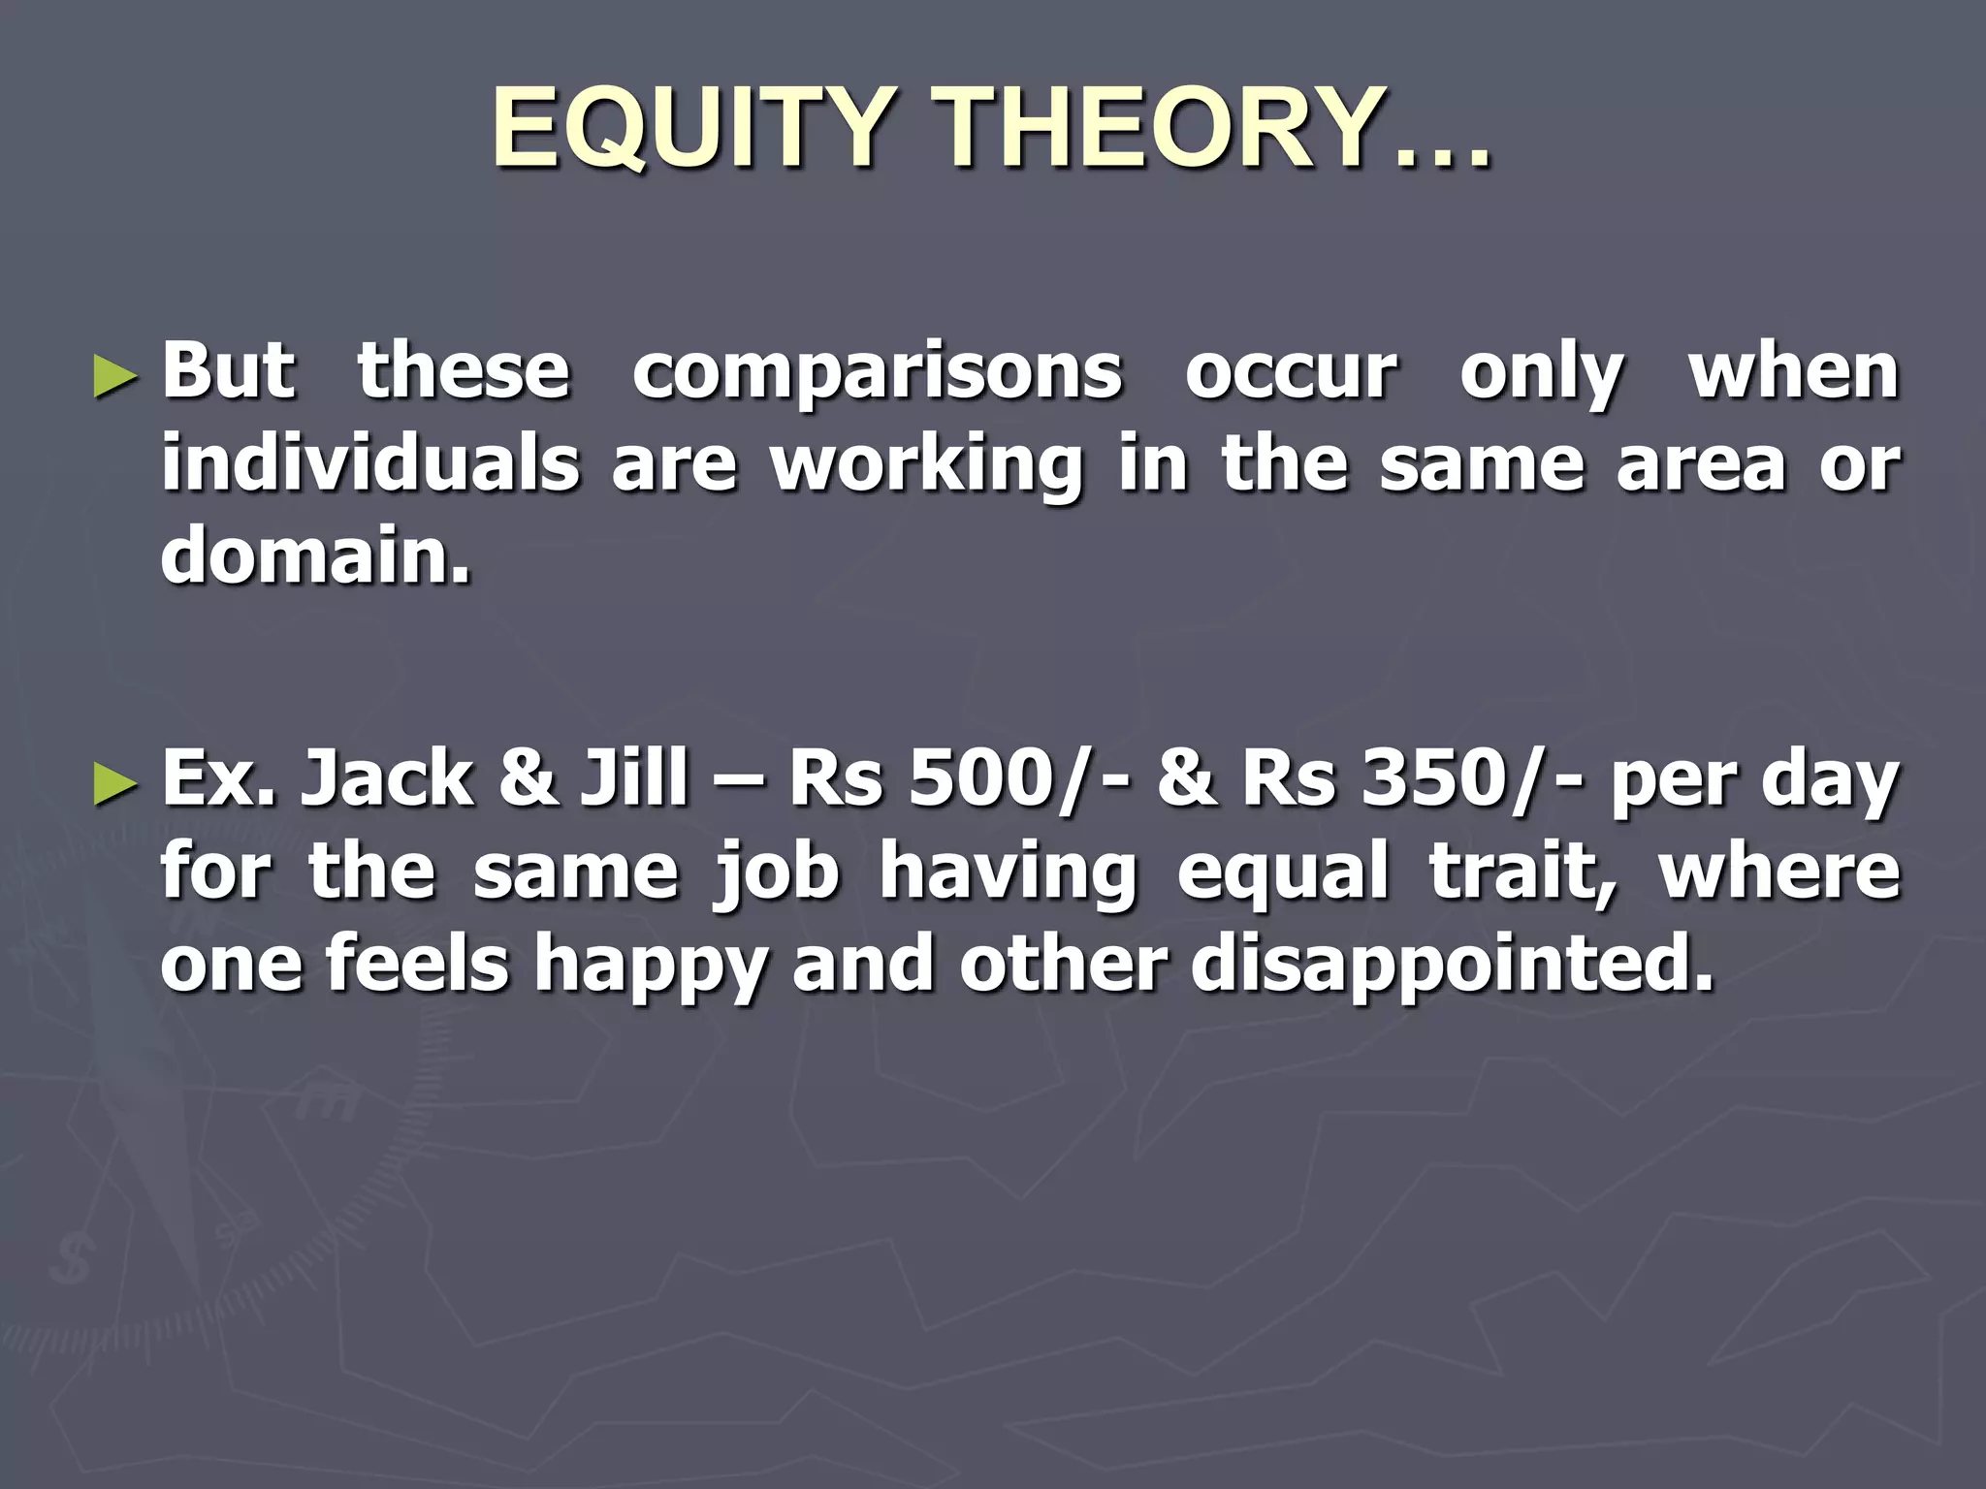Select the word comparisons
point(877,374)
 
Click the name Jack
point(387,779)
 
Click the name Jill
point(635,779)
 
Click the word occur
point(1292,374)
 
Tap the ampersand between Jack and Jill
point(529,780)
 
